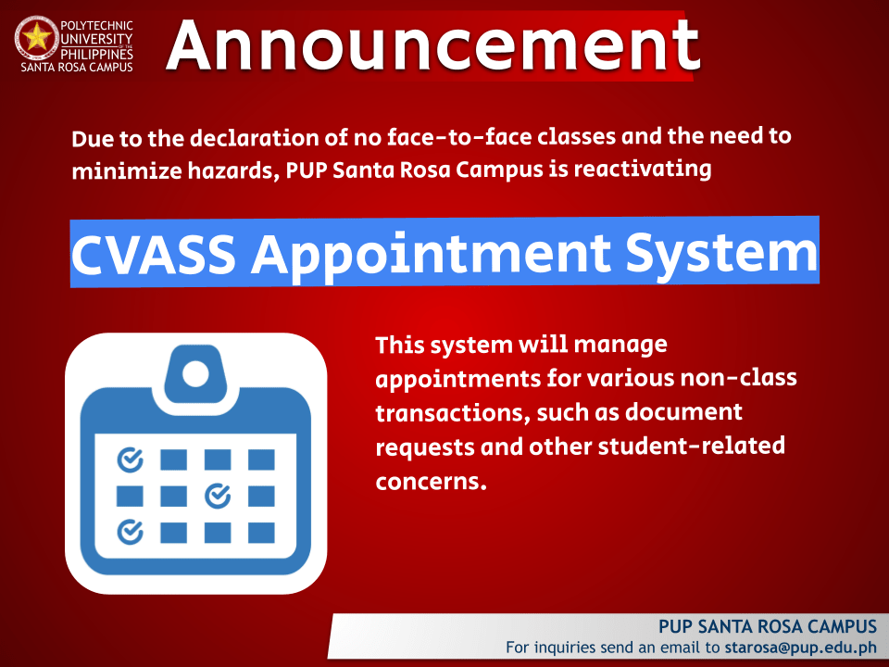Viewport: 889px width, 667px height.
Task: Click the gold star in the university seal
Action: pos(37,37)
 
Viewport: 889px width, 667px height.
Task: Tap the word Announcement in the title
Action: pos(433,45)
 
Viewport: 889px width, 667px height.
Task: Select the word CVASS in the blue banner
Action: pos(154,254)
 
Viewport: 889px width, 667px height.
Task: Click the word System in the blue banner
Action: pos(721,254)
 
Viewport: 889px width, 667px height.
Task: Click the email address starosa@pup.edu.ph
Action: pos(800,648)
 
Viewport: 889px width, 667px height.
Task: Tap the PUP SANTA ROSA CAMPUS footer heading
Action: pos(768,626)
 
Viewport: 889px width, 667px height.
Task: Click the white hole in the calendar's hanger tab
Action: pos(195,374)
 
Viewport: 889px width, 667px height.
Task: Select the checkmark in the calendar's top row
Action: pos(130,459)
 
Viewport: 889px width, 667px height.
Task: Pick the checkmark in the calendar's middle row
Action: pos(218,496)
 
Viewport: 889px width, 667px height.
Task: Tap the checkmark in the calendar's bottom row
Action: pos(130,532)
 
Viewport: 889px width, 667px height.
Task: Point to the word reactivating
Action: pos(643,170)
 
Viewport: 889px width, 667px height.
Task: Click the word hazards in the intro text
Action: pos(231,170)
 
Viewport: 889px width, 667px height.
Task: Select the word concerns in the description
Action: pos(431,482)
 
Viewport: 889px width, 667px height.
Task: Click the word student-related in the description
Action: pos(692,446)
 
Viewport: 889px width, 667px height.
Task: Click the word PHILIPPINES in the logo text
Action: pos(96,54)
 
